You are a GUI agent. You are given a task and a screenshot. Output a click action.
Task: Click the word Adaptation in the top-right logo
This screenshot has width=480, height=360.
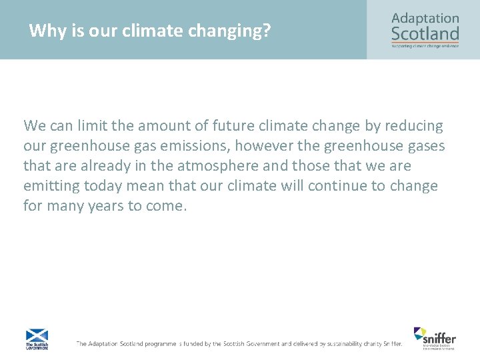[x=425, y=18]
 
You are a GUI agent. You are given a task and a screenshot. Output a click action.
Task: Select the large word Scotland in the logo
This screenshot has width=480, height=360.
[x=425, y=33]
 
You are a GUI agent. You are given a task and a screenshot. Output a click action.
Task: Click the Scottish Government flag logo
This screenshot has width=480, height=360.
[x=37, y=339]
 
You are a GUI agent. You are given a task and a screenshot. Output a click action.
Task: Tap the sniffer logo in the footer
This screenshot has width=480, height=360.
[x=435, y=337]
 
